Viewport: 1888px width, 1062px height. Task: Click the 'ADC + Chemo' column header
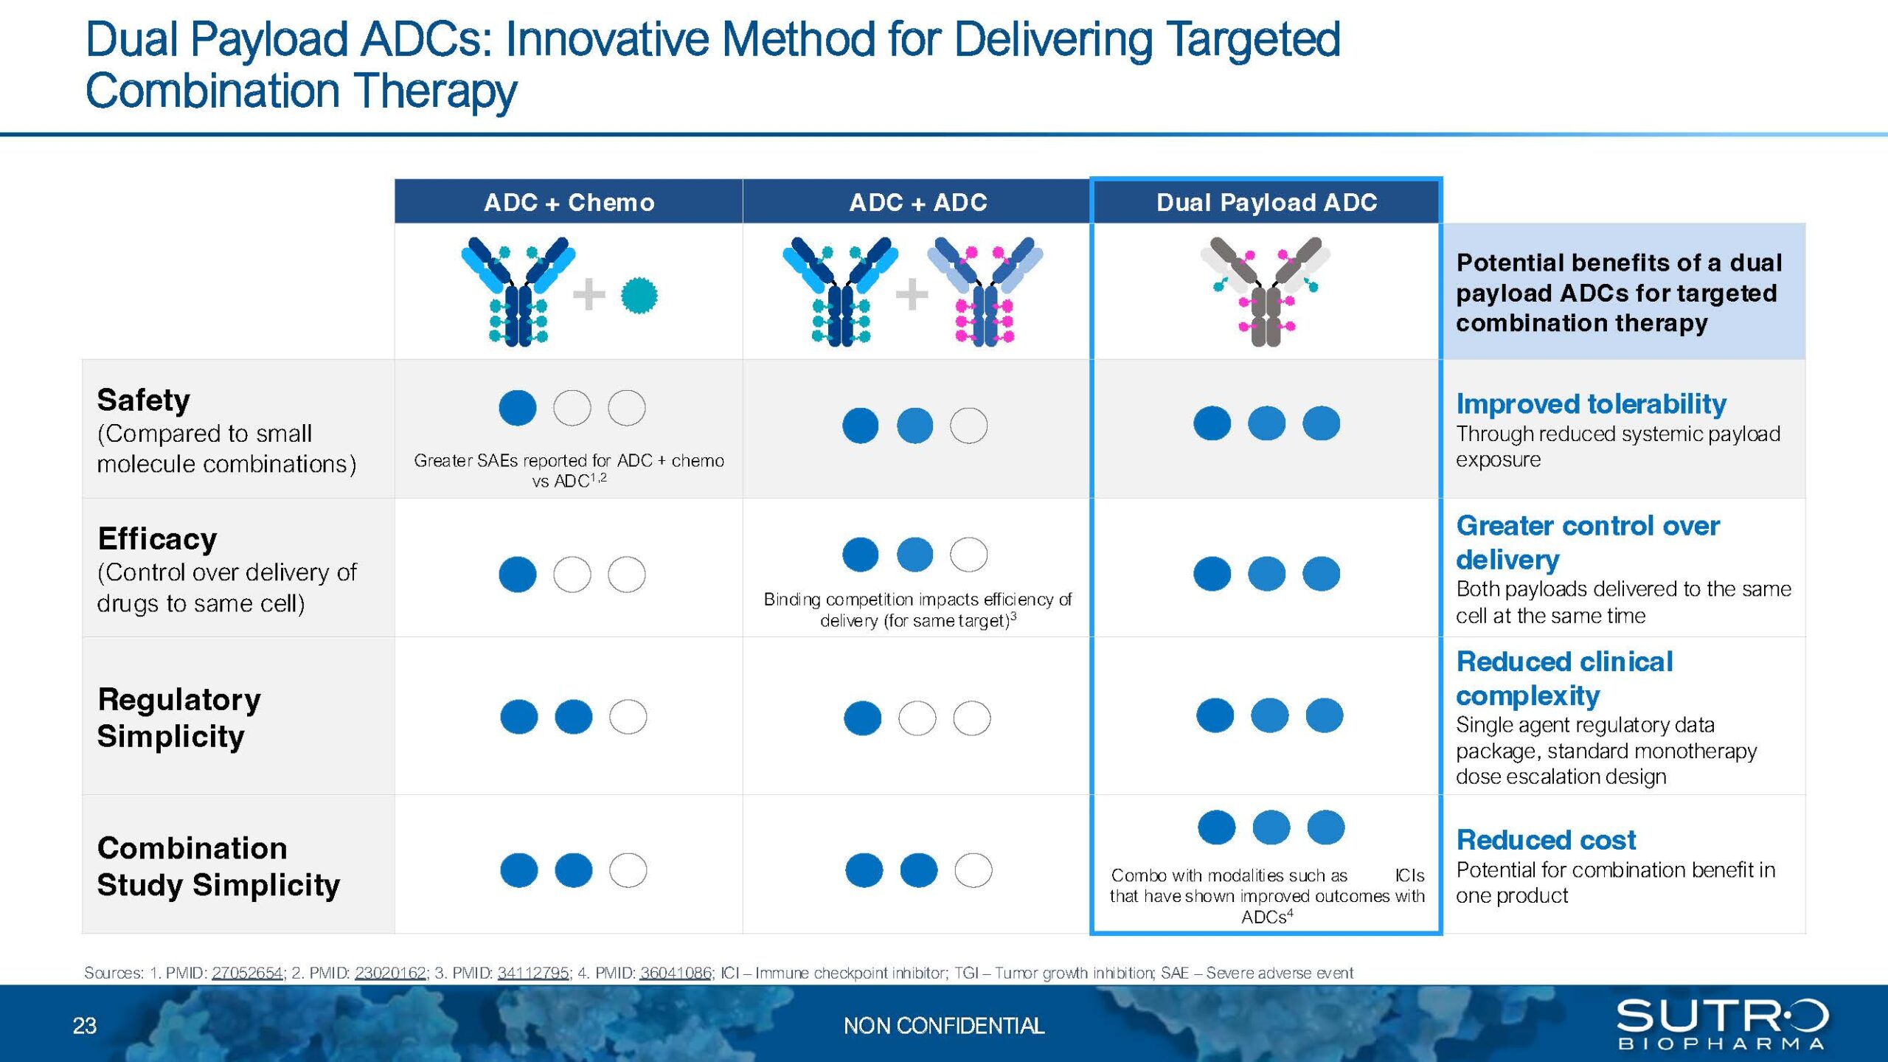[569, 202]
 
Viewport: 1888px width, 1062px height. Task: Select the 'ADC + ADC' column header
[917, 202]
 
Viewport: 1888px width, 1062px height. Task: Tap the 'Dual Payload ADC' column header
[1266, 202]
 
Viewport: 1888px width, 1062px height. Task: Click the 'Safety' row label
[143, 400]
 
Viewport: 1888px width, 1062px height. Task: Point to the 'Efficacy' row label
[157, 539]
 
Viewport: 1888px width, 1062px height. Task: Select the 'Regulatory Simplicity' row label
[178, 718]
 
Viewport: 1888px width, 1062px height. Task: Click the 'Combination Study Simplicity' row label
[218, 867]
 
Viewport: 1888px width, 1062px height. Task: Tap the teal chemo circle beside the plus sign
[639, 295]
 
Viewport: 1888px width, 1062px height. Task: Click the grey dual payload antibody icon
[1266, 291]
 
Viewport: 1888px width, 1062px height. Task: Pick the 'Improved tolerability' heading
[1591, 404]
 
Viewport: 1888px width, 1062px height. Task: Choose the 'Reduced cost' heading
[1546, 840]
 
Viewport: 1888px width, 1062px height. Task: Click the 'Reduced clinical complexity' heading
[1564, 678]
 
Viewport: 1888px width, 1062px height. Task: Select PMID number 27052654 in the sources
[247, 973]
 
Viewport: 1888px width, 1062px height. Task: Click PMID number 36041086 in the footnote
[676, 973]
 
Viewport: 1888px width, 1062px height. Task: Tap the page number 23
[85, 1026]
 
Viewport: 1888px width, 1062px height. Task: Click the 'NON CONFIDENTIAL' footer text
[944, 1026]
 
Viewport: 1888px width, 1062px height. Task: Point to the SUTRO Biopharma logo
[1722, 1023]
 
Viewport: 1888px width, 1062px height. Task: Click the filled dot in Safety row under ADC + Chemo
[518, 408]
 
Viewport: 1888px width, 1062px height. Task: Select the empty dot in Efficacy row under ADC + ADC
[968, 555]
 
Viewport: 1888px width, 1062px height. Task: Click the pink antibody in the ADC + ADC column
[985, 291]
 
